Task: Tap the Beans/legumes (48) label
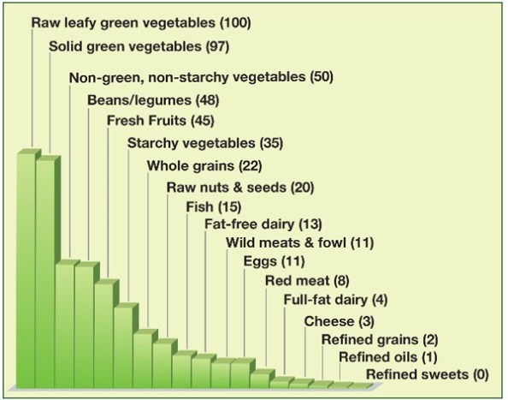151,99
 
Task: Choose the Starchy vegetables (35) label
204,142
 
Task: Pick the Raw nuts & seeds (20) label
240,187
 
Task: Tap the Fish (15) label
214,207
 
